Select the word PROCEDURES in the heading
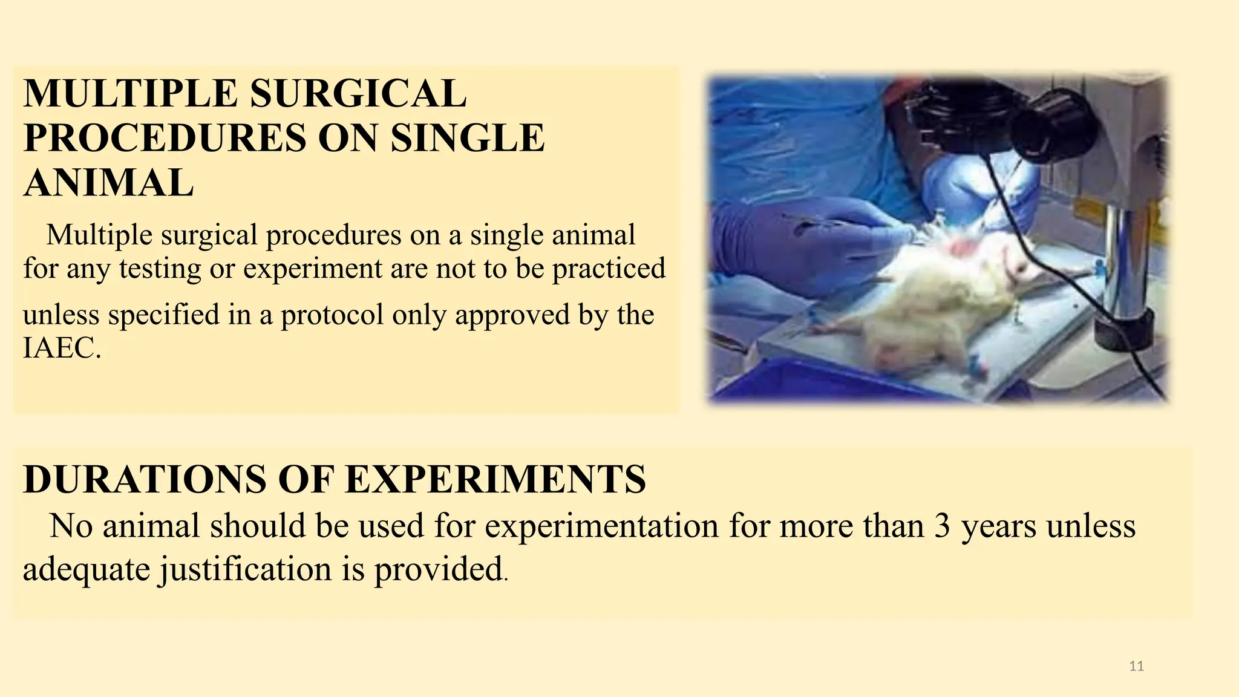pyautogui.click(x=165, y=138)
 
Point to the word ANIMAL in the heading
pyautogui.click(x=108, y=183)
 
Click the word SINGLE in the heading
pyautogui.click(x=468, y=138)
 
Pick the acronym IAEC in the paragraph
pyautogui.click(x=59, y=348)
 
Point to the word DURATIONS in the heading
pyautogui.click(x=144, y=479)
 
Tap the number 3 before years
pyautogui.click(x=942, y=526)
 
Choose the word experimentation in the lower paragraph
pyautogui.click(x=601, y=526)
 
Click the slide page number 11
pyautogui.click(x=1136, y=666)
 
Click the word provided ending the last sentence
pyautogui.click(x=438, y=569)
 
